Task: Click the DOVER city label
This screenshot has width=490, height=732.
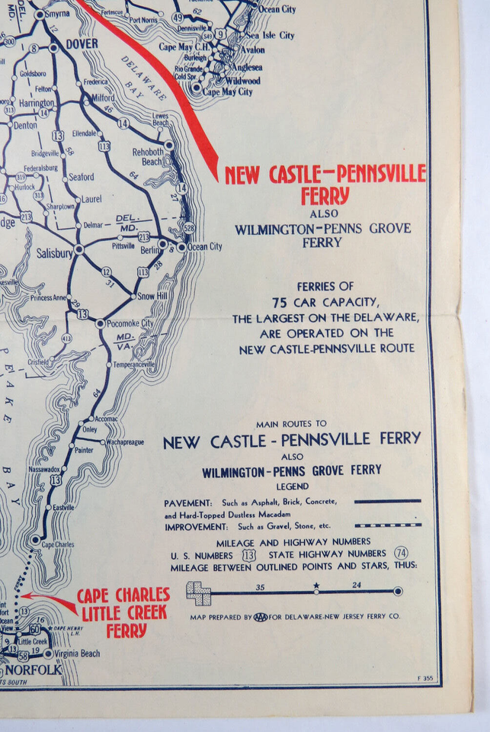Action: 81,44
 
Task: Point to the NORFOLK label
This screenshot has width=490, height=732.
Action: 34,669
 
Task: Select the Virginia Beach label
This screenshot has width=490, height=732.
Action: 78,653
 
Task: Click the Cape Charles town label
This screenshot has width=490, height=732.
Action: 58,545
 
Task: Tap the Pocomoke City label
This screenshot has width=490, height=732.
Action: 130,323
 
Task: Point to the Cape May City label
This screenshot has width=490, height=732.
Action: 227,91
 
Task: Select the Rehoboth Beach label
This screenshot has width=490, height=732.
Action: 148,156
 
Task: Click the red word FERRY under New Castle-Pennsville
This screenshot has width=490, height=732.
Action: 325,196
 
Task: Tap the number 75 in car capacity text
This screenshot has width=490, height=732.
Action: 280,303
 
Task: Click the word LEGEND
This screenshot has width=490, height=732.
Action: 293,486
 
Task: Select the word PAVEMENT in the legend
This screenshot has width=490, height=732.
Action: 187,502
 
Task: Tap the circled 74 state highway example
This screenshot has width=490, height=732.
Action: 402,553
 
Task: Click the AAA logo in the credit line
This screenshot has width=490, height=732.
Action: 261,617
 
